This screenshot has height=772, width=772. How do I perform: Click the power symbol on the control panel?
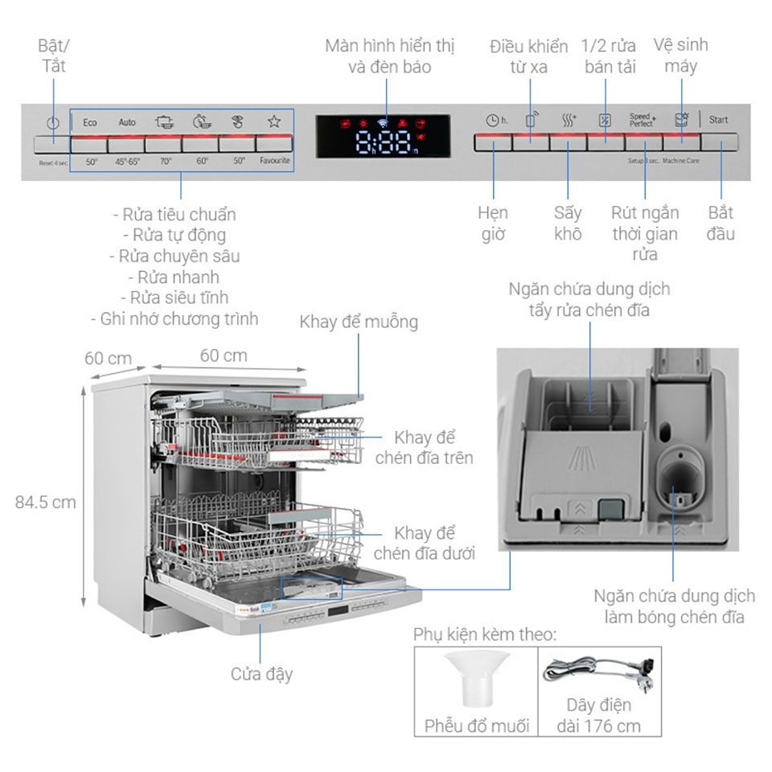(x=53, y=123)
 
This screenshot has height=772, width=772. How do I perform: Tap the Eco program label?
(x=89, y=122)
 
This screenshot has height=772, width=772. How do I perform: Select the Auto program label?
(x=127, y=122)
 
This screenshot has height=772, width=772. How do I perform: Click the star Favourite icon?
(x=274, y=121)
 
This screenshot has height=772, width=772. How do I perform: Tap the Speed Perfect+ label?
(x=642, y=120)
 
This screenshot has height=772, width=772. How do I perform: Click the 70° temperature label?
(x=165, y=161)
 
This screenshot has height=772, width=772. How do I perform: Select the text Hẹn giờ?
(x=493, y=224)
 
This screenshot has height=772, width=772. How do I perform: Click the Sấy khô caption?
(x=568, y=224)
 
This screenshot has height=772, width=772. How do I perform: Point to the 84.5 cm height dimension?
(x=45, y=502)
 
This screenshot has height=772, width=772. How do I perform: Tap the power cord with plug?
(x=599, y=670)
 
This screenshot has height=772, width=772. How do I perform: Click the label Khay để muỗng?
(x=359, y=322)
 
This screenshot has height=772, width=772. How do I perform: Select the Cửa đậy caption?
(x=261, y=674)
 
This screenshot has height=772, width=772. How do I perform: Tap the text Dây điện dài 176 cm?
(x=599, y=715)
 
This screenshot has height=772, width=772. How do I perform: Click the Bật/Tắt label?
(x=54, y=55)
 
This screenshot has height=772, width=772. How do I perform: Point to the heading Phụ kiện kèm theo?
(x=484, y=634)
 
